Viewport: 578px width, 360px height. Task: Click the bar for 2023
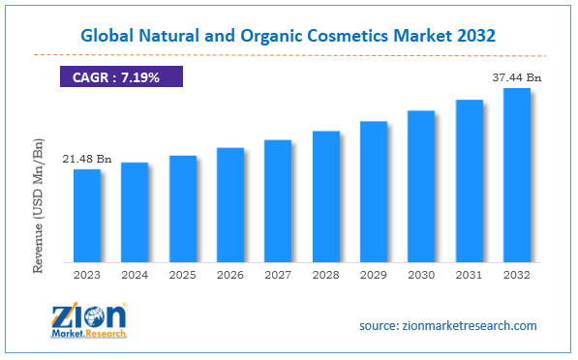click(x=87, y=215)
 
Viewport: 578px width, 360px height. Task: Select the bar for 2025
click(x=183, y=208)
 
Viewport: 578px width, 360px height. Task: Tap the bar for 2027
click(x=278, y=200)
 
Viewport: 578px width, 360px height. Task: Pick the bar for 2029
click(x=374, y=191)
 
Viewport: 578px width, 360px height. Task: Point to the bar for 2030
click(x=421, y=186)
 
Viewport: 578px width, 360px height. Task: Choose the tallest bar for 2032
click(x=517, y=174)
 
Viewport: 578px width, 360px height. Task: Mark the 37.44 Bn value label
click(x=516, y=76)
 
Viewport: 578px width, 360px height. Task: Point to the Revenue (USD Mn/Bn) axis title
click(x=39, y=206)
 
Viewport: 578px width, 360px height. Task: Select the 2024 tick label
click(x=135, y=275)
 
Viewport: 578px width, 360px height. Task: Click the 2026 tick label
click(x=230, y=275)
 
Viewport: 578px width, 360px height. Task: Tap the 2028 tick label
click(x=326, y=275)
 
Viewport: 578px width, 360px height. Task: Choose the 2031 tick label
click(x=470, y=275)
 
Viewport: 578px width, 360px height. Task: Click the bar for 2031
click(x=470, y=180)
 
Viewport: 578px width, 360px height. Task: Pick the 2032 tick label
click(x=517, y=275)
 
